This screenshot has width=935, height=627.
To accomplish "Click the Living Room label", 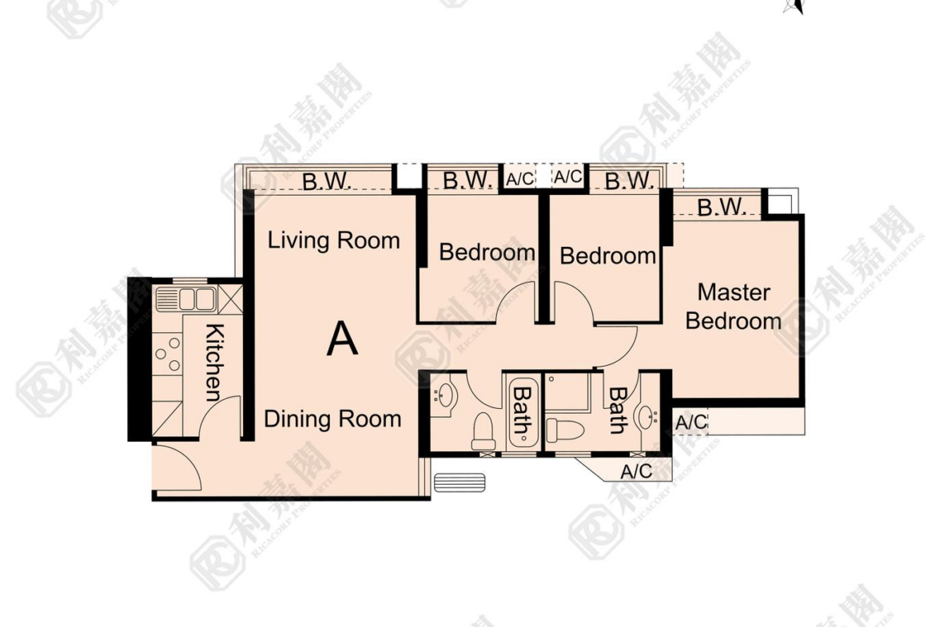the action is [333, 240].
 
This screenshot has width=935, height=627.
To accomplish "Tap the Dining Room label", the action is [332, 419].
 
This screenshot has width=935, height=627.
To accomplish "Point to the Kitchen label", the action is [213, 363].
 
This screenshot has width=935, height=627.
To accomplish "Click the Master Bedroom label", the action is [734, 307].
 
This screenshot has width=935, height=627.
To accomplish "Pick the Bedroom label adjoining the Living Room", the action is [487, 252].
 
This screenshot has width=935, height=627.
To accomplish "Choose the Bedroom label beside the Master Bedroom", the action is [607, 256].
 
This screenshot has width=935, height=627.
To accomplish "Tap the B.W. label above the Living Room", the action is [325, 182].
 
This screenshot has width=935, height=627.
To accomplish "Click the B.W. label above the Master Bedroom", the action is [722, 207].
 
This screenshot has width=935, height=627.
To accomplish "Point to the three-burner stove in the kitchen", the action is [168, 354].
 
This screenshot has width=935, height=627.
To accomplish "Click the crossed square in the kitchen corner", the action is [231, 299].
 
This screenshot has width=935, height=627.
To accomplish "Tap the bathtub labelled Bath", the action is [523, 411].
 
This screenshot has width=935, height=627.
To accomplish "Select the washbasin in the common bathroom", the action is [444, 394].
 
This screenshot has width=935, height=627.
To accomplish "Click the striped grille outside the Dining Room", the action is [460, 482].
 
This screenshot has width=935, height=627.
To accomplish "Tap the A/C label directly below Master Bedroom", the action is [690, 422].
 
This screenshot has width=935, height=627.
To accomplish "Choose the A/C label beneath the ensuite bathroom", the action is [636, 471].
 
